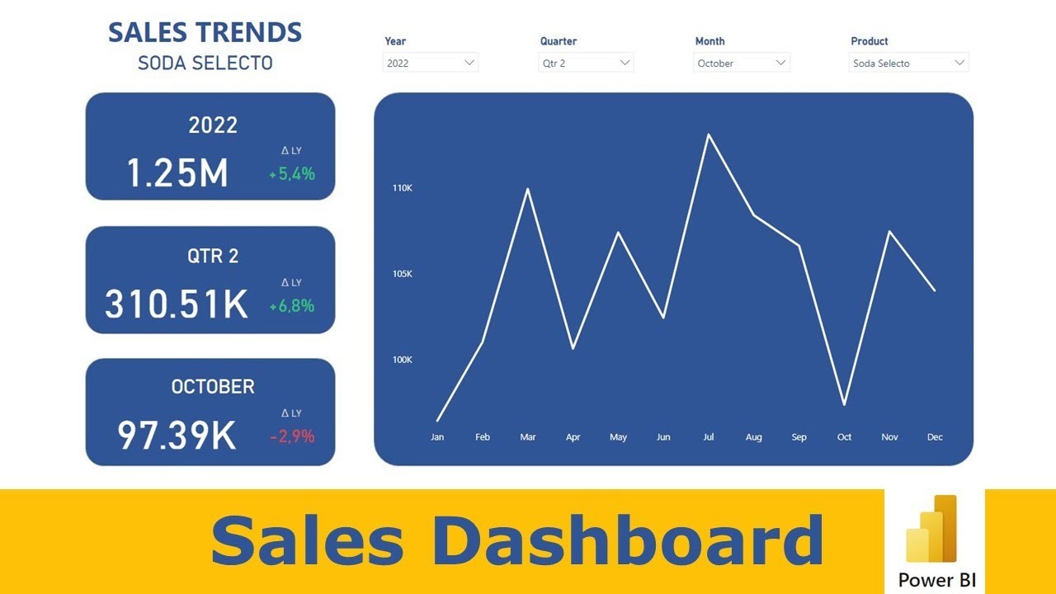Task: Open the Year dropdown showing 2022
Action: click(430, 63)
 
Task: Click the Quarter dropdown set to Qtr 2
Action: click(586, 63)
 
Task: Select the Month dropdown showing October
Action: click(742, 63)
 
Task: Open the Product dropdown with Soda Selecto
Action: click(908, 63)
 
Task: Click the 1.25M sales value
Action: click(177, 173)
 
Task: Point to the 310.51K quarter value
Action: click(177, 304)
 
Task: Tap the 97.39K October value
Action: click(177, 436)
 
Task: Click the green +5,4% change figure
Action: click(292, 174)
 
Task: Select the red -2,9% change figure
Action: click(292, 436)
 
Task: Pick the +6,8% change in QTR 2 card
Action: click(292, 306)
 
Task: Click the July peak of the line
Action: click(708, 134)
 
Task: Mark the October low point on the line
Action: click(844, 405)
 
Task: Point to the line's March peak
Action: click(527, 189)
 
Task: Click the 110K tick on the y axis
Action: click(403, 188)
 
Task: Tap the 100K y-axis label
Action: click(403, 360)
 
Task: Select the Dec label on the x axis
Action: click(935, 437)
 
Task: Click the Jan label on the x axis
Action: click(437, 437)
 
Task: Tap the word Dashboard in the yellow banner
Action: click(627, 542)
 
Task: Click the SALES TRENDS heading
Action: click(205, 33)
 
